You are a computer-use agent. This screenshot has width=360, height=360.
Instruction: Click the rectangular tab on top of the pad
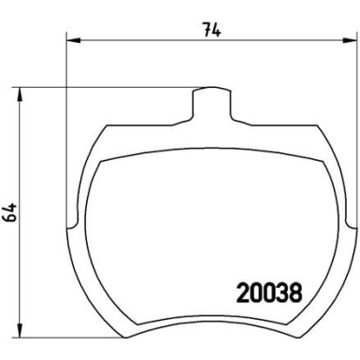(x=214, y=103)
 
